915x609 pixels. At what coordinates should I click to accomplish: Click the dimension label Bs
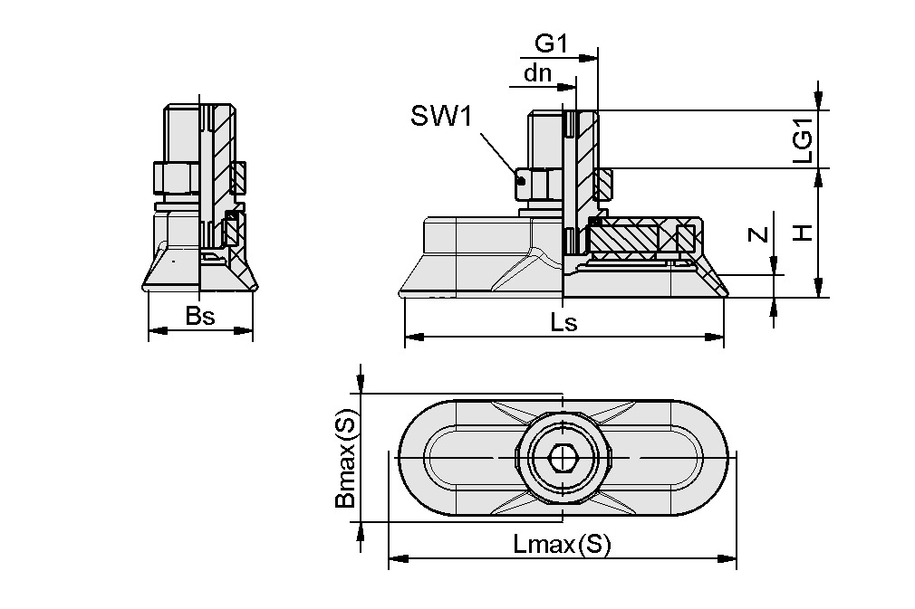(x=199, y=317)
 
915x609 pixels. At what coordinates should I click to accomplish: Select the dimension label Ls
(x=563, y=323)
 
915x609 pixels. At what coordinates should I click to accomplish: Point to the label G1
(x=550, y=43)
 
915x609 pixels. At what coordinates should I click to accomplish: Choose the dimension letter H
(x=803, y=233)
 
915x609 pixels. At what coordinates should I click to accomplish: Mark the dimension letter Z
(x=759, y=235)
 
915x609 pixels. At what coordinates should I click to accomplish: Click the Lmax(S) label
(x=562, y=545)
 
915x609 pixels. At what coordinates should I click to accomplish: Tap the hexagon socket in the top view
(x=563, y=459)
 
